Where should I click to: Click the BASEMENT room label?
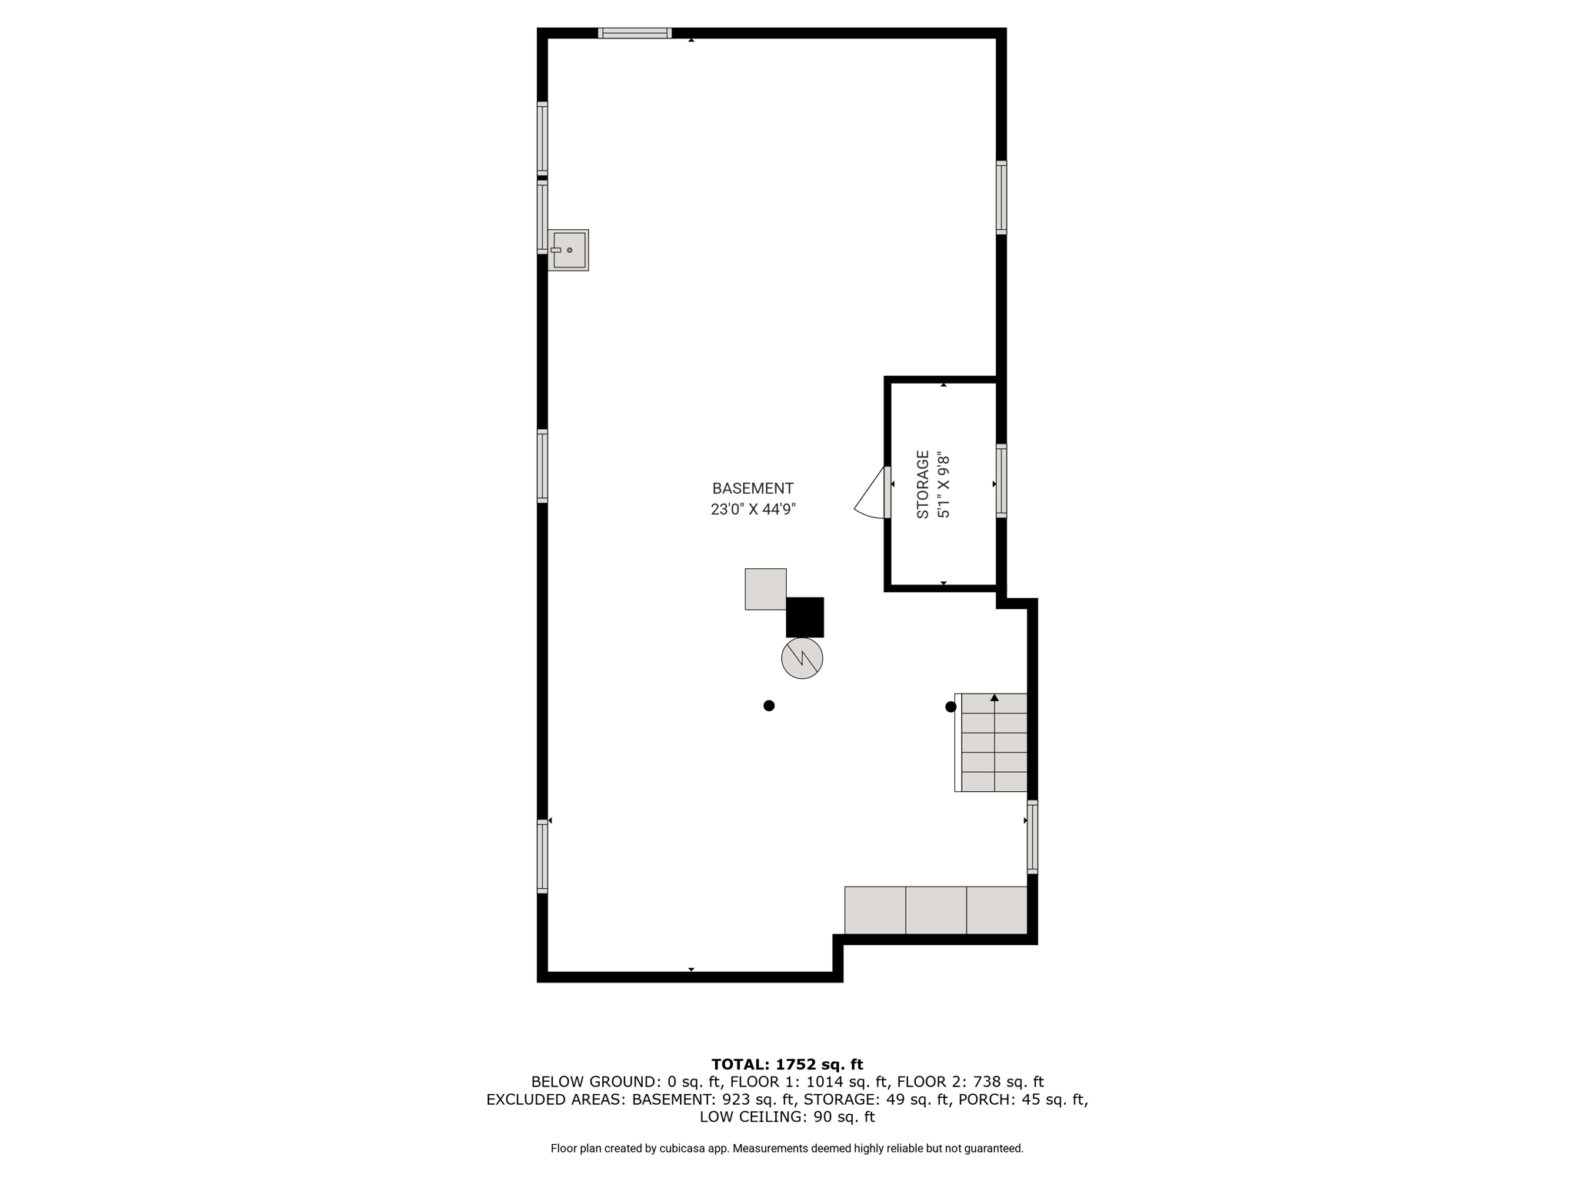click(x=752, y=488)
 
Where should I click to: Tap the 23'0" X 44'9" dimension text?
click(x=753, y=509)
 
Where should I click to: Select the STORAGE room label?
click(x=923, y=484)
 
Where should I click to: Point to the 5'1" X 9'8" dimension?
click(x=944, y=484)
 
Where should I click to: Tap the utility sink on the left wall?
click(x=568, y=250)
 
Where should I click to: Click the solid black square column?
click(x=804, y=617)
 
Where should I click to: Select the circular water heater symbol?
click(x=802, y=658)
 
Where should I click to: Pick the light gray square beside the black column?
click(x=765, y=589)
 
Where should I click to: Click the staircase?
click(x=991, y=742)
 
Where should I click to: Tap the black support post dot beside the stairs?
click(x=951, y=707)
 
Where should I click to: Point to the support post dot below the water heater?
click(x=768, y=706)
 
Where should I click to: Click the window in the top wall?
click(x=635, y=33)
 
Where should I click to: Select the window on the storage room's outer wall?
click(x=1001, y=481)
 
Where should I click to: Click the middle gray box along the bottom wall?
click(x=936, y=910)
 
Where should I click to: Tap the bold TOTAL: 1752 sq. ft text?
click(x=787, y=1065)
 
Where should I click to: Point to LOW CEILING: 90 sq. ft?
click(x=787, y=1117)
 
